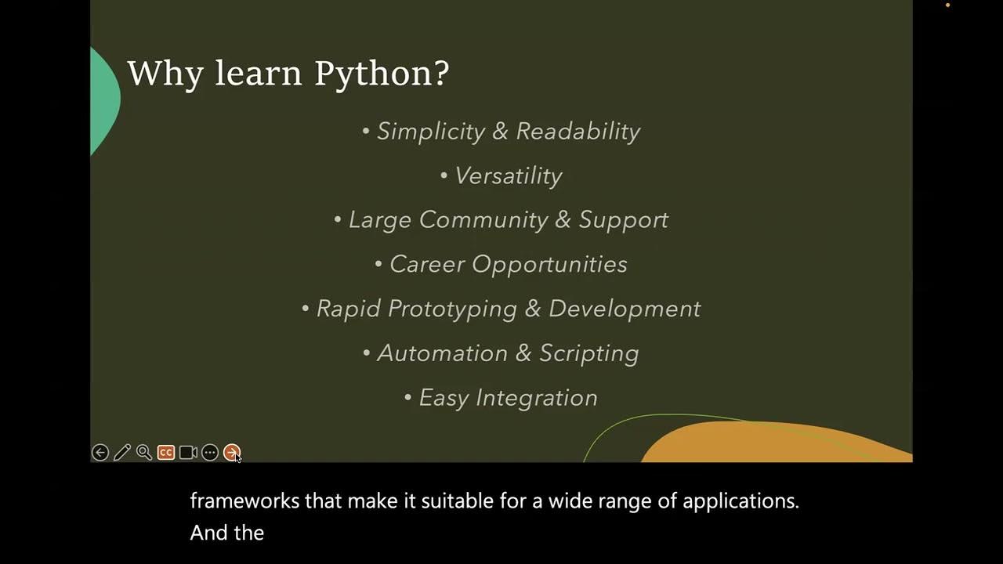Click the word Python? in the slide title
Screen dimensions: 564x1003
point(382,74)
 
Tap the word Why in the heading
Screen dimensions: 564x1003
point(165,74)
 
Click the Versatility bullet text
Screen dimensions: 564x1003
point(508,176)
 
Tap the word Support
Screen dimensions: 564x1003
point(623,220)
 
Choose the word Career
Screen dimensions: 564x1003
point(427,265)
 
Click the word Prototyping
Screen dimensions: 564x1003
point(452,309)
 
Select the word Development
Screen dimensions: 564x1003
point(625,309)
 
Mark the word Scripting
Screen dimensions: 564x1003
point(589,353)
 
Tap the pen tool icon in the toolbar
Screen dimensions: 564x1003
point(122,453)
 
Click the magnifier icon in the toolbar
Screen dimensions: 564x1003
point(144,453)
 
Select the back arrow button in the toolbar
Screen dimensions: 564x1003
point(100,453)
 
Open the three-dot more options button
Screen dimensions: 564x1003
point(210,453)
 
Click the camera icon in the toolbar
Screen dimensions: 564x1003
point(188,453)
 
